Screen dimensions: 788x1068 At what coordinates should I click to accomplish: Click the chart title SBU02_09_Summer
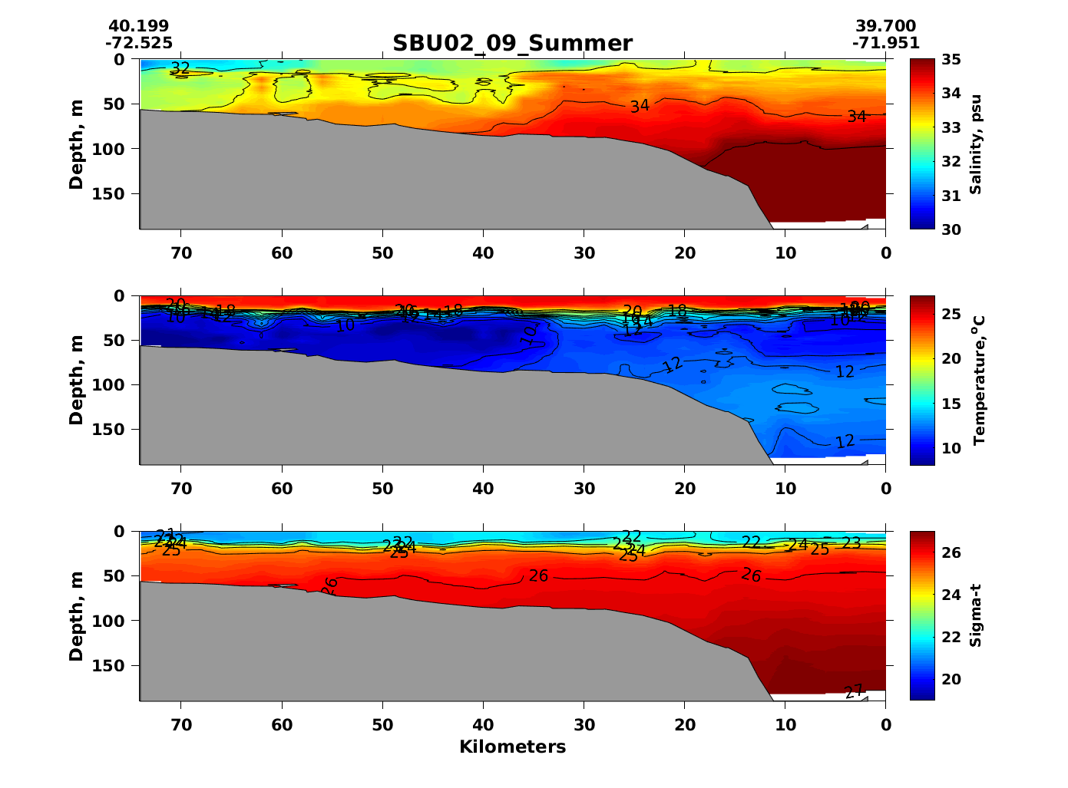tap(512, 43)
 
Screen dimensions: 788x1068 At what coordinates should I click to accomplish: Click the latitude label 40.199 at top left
tap(139, 27)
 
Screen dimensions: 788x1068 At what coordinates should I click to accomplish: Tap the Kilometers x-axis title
tap(512, 747)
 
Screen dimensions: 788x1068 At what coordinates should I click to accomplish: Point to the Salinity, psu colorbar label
tap(975, 144)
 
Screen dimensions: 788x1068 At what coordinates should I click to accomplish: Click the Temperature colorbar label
tap(978, 380)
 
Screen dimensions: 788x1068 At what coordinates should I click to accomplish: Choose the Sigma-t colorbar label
tap(975, 615)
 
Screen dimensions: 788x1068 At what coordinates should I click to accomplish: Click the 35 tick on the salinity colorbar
tap(951, 60)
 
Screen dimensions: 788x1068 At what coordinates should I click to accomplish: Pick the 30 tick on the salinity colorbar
tap(951, 229)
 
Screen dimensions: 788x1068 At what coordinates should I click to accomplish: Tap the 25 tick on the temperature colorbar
tap(951, 314)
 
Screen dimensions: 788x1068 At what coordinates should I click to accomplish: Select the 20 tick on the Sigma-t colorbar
tap(951, 679)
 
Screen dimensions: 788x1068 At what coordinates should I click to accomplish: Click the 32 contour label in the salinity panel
tap(180, 68)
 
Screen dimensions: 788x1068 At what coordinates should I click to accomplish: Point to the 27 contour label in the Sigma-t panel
tap(855, 691)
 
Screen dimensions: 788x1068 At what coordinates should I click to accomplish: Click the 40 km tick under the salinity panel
tap(483, 252)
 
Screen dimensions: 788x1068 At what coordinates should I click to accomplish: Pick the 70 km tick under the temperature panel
tap(180, 488)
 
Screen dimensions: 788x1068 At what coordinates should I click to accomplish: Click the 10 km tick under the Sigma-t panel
tap(785, 724)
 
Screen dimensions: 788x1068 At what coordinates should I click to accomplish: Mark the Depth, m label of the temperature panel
tap(76, 380)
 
